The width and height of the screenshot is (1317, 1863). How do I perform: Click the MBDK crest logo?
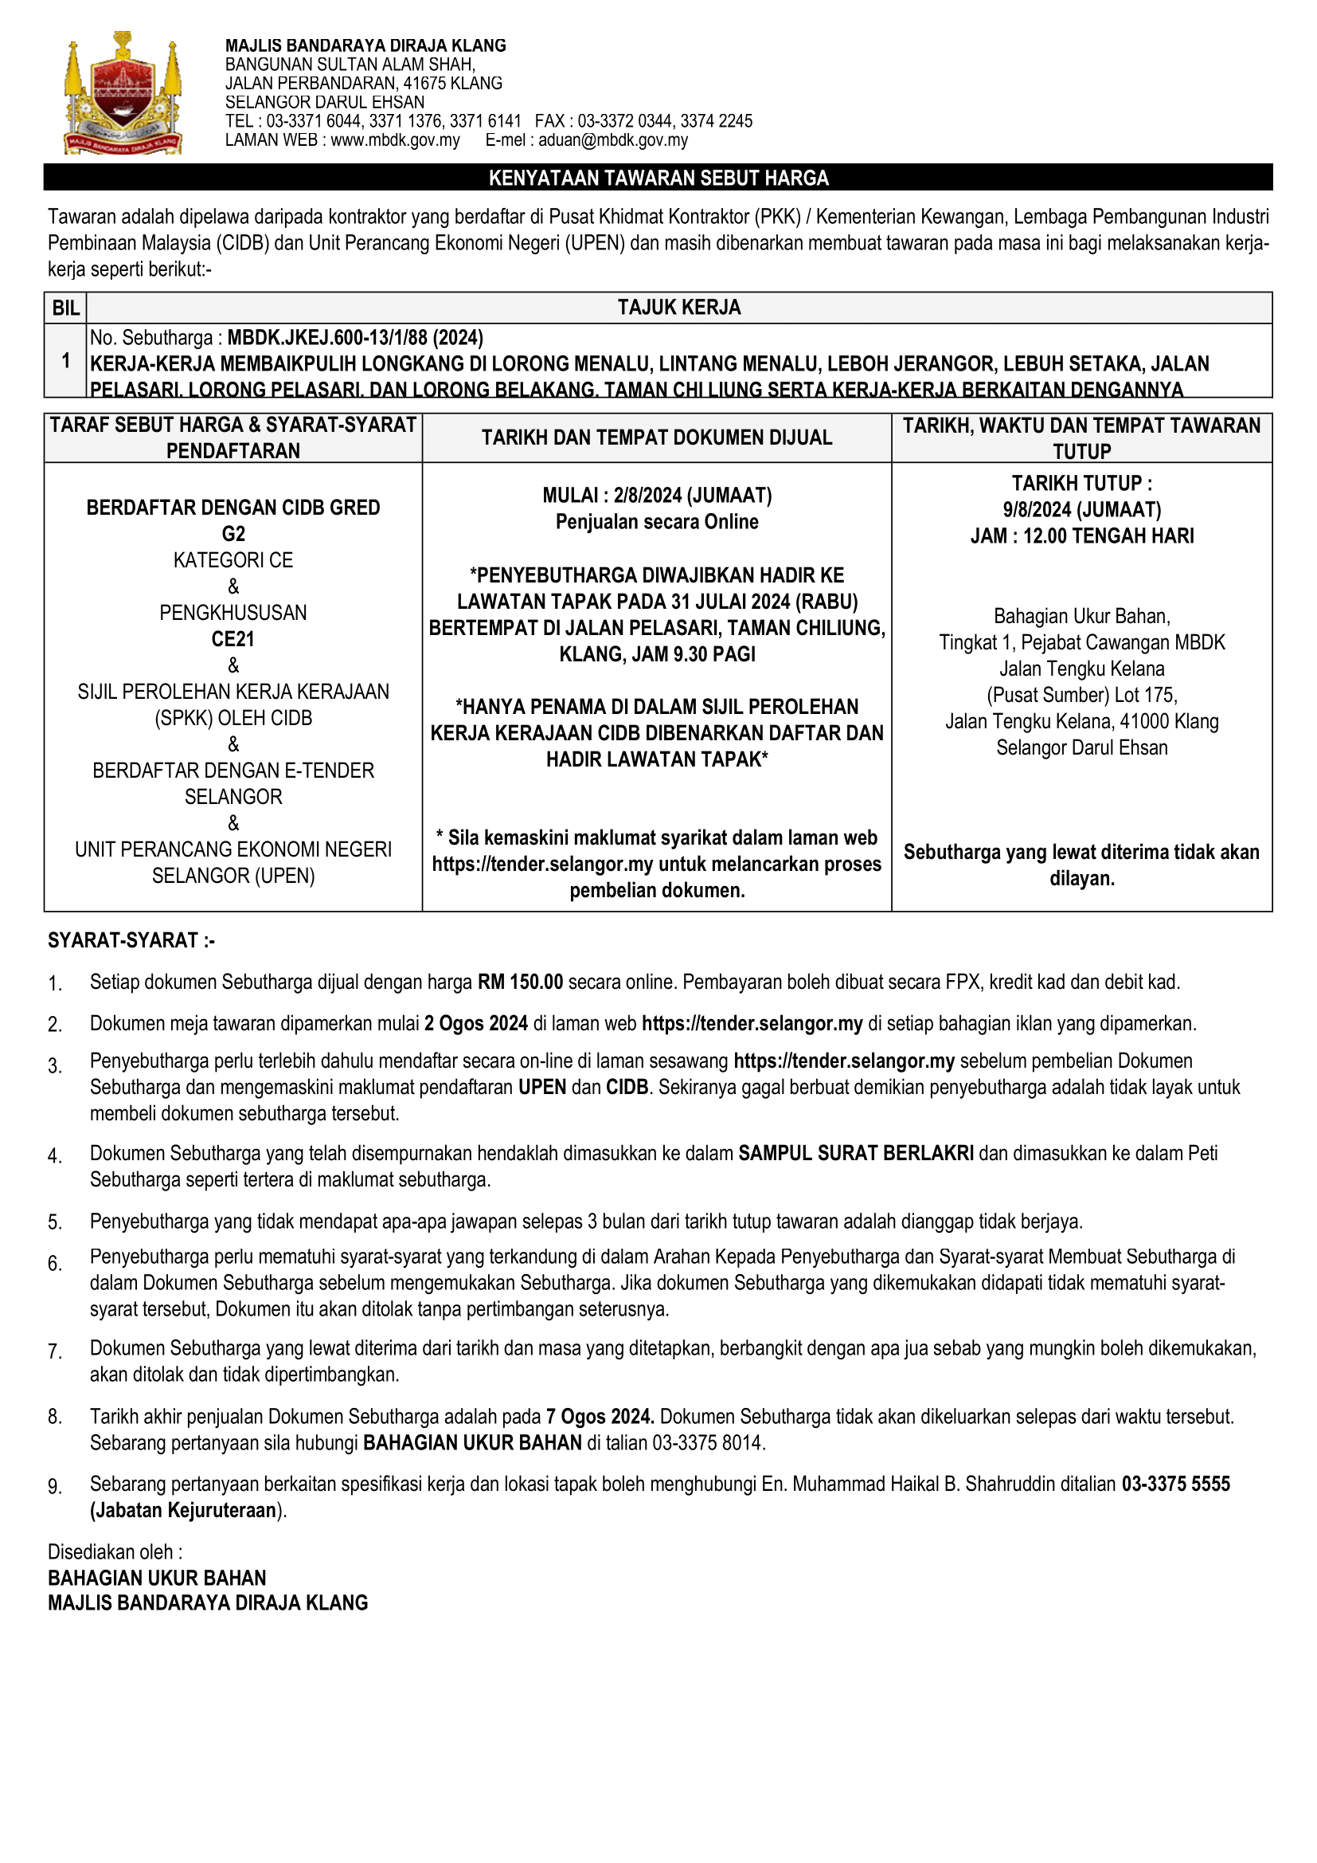123,93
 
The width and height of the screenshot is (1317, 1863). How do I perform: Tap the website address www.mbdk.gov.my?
395,140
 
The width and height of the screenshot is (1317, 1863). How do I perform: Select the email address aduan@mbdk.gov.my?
613,140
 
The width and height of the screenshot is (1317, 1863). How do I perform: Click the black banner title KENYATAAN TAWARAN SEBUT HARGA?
658,178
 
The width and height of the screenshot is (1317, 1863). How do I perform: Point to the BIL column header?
65,308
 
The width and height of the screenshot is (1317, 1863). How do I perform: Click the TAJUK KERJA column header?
678,308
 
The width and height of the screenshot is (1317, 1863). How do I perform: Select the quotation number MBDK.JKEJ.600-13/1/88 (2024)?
354,338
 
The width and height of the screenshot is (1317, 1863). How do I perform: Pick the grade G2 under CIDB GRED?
233,534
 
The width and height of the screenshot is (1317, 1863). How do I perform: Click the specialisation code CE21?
233,639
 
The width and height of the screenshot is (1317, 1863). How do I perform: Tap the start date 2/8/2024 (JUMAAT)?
692,496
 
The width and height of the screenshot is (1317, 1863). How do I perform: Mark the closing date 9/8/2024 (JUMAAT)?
1082,509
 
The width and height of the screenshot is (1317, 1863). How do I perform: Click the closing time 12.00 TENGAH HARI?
1108,536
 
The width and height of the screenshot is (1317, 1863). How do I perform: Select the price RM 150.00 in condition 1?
520,982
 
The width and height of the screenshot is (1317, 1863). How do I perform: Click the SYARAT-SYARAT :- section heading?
131,940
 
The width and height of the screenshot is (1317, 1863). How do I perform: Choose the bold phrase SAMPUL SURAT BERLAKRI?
855,1154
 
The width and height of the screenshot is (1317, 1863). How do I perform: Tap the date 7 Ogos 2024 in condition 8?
600,1417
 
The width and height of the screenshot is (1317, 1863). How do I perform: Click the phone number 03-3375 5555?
1175,1484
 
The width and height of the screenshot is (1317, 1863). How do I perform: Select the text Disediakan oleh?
111,1552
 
